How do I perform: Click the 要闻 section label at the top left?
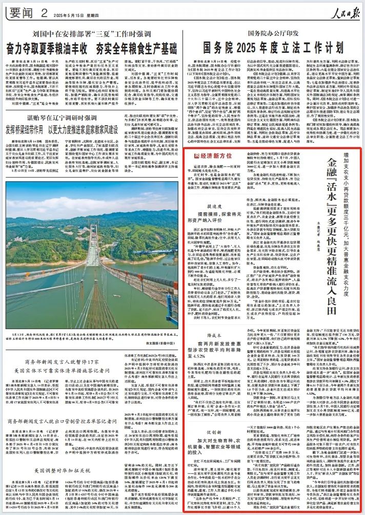[23, 11]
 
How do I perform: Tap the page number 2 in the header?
[45, 11]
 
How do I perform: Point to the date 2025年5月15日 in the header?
[66, 13]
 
